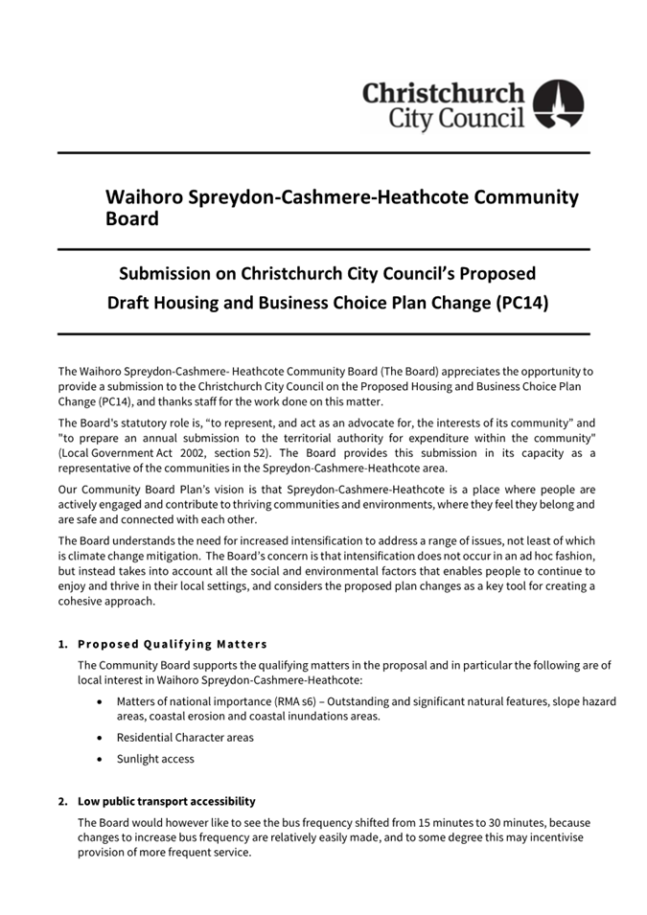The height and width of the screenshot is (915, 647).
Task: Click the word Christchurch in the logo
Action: [x=444, y=94]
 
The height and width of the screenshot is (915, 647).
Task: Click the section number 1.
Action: [x=62, y=643]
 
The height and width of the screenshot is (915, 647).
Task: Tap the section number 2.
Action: [x=62, y=801]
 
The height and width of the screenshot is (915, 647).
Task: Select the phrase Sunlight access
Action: [x=155, y=759]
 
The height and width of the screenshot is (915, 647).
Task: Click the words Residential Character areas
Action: [x=185, y=738]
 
